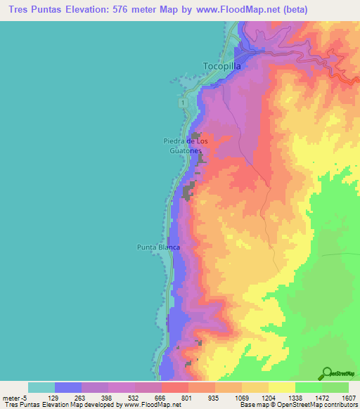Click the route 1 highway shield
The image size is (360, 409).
(x=183, y=103)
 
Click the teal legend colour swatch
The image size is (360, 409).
(x=41, y=387)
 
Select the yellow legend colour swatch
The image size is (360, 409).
(x=282, y=387)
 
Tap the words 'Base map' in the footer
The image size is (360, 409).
(x=252, y=405)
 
